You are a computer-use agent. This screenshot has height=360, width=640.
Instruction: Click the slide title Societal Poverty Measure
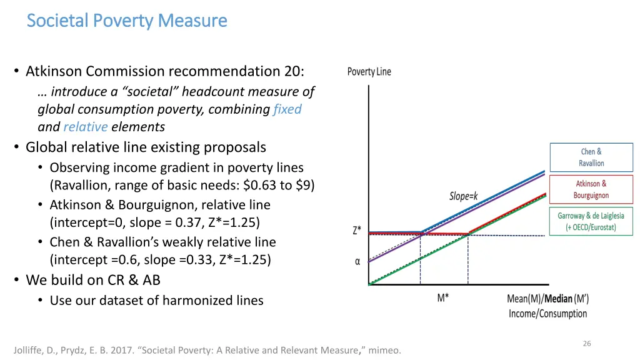tap(127, 21)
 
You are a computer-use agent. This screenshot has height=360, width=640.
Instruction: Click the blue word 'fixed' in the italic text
tap(287, 109)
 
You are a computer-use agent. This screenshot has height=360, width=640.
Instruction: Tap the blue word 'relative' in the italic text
tap(86, 127)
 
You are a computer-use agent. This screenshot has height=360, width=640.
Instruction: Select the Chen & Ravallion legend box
tap(591, 157)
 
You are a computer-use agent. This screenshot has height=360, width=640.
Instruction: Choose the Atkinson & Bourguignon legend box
tap(591, 189)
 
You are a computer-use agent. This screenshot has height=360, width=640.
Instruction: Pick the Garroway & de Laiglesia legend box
tap(591, 221)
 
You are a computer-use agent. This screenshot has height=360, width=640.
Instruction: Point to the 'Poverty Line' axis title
tap(369, 72)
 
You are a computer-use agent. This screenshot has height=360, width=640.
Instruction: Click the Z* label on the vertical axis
tap(357, 230)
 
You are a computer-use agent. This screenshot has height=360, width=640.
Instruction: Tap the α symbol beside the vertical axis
tap(357, 262)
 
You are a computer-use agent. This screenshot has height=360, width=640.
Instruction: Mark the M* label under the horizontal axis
tap(442, 298)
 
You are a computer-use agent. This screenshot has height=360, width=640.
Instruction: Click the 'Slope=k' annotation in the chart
tap(463, 196)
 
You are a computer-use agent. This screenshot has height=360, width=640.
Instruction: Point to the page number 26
tap(587, 343)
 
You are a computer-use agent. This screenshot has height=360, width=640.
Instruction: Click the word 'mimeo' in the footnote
tap(383, 350)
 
